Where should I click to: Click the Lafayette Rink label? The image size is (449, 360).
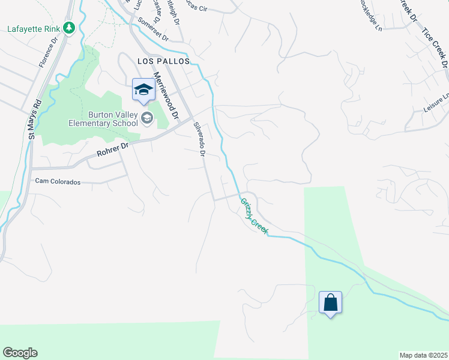(34, 28)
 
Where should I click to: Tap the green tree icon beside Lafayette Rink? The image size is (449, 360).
(69, 28)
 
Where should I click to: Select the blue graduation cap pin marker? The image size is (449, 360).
(143, 90)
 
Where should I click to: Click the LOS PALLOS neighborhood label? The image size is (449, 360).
(163, 61)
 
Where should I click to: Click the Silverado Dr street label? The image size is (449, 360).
(199, 140)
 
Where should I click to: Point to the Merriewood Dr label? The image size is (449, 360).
(166, 95)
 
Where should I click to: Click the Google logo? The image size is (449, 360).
(20, 353)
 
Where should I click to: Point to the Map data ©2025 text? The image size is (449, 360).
(423, 355)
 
